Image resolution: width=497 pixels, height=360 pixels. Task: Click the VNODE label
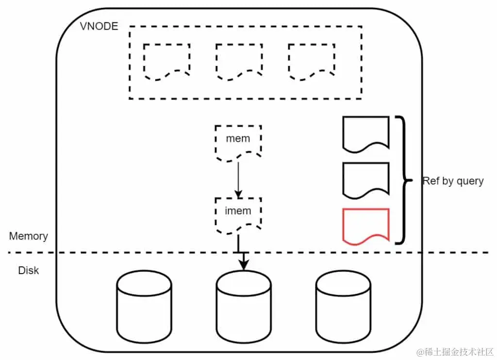[99, 26]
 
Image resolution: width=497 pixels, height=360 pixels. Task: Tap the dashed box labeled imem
[238, 214]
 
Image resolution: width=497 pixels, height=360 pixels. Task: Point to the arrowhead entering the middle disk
[243, 264]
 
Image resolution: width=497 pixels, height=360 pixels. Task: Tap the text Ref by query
[453, 181]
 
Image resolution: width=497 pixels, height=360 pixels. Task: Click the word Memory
[29, 236]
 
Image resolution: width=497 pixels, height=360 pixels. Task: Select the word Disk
[29, 270]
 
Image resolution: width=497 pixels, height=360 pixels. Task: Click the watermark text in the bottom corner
[452, 351]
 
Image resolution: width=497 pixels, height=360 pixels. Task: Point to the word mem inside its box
[238, 138]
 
